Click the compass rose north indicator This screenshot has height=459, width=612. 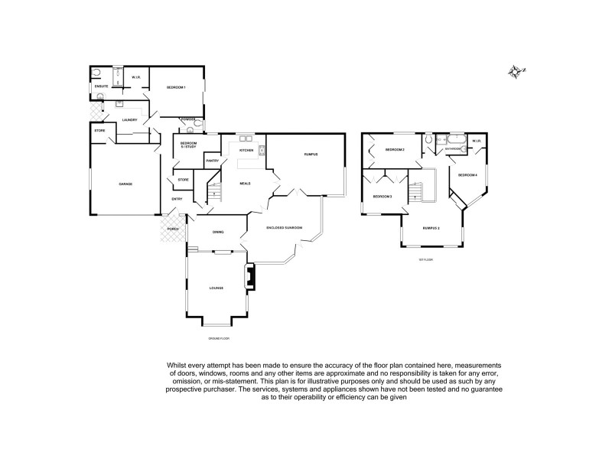click(516, 72)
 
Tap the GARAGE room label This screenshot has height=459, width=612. click(125, 184)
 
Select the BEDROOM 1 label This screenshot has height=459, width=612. click(177, 88)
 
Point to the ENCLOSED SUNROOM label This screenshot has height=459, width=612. click(285, 228)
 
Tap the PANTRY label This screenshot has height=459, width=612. click(213, 161)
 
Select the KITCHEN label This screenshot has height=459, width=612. click(246, 150)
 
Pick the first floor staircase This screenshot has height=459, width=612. click(417, 190)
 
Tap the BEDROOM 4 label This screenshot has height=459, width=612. click(467, 175)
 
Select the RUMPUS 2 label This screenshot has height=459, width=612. click(431, 227)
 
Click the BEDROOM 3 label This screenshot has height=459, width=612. click(382, 197)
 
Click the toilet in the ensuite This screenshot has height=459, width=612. click(97, 73)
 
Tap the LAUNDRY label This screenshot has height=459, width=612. click(129, 119)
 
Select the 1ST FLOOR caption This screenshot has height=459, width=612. click(425, 259)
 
